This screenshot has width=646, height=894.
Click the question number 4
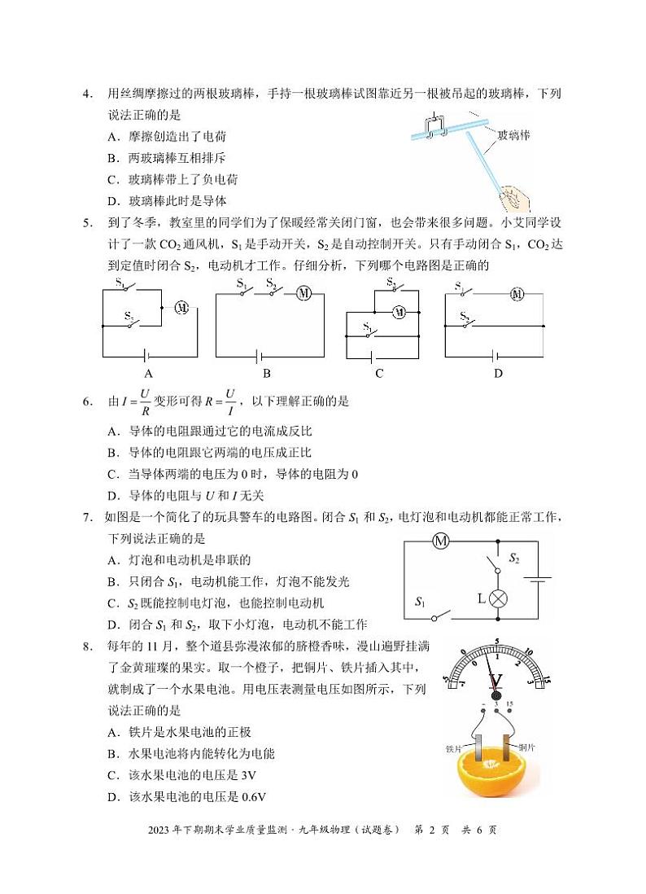point(88,94)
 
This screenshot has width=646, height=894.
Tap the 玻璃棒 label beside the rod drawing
point(513,135)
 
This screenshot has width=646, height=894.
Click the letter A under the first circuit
point(148,374)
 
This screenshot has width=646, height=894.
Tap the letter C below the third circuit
point(379,374)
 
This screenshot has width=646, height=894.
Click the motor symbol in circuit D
point(516,294)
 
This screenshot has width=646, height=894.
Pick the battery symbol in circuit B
point(261,356)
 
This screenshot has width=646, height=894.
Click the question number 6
point(88,401)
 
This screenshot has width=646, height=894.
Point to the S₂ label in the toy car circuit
point(514,559)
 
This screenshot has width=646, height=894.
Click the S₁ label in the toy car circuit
point(420,603)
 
